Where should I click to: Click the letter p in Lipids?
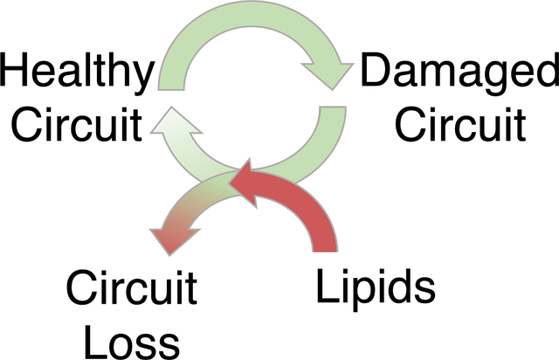pyautogui.click(x=357, y=293)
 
